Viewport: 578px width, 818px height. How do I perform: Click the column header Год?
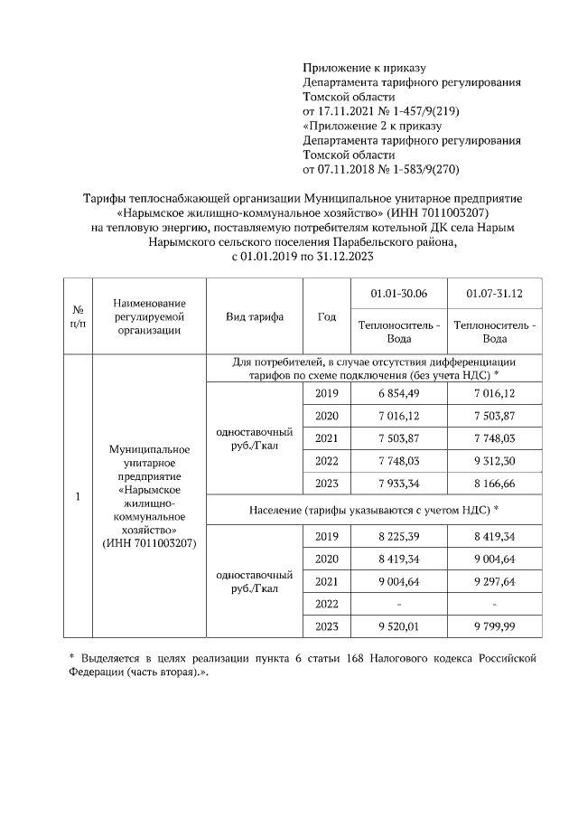pyautogui.click(x=327, y=316)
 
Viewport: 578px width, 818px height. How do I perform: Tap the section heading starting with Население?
pyautogui.click(x=374, y=510)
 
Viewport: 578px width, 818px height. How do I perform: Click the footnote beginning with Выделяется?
pyautogui.click(x=303, y=663)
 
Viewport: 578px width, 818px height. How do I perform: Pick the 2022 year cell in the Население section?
pyautogui.click(x=327, y=604)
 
